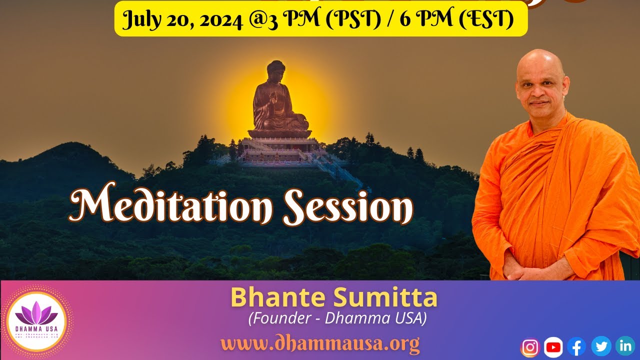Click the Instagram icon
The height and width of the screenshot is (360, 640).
tap(530, 347)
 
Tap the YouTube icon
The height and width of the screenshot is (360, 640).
tap(553, 347)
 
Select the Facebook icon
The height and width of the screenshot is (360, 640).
tap(576, 346)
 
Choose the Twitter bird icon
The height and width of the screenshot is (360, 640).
tap(601, 346)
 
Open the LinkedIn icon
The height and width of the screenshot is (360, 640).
tap(625, 345)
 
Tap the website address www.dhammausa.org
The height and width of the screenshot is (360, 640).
tap(320, 344)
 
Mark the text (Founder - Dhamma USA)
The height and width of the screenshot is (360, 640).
tap(337, 318)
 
